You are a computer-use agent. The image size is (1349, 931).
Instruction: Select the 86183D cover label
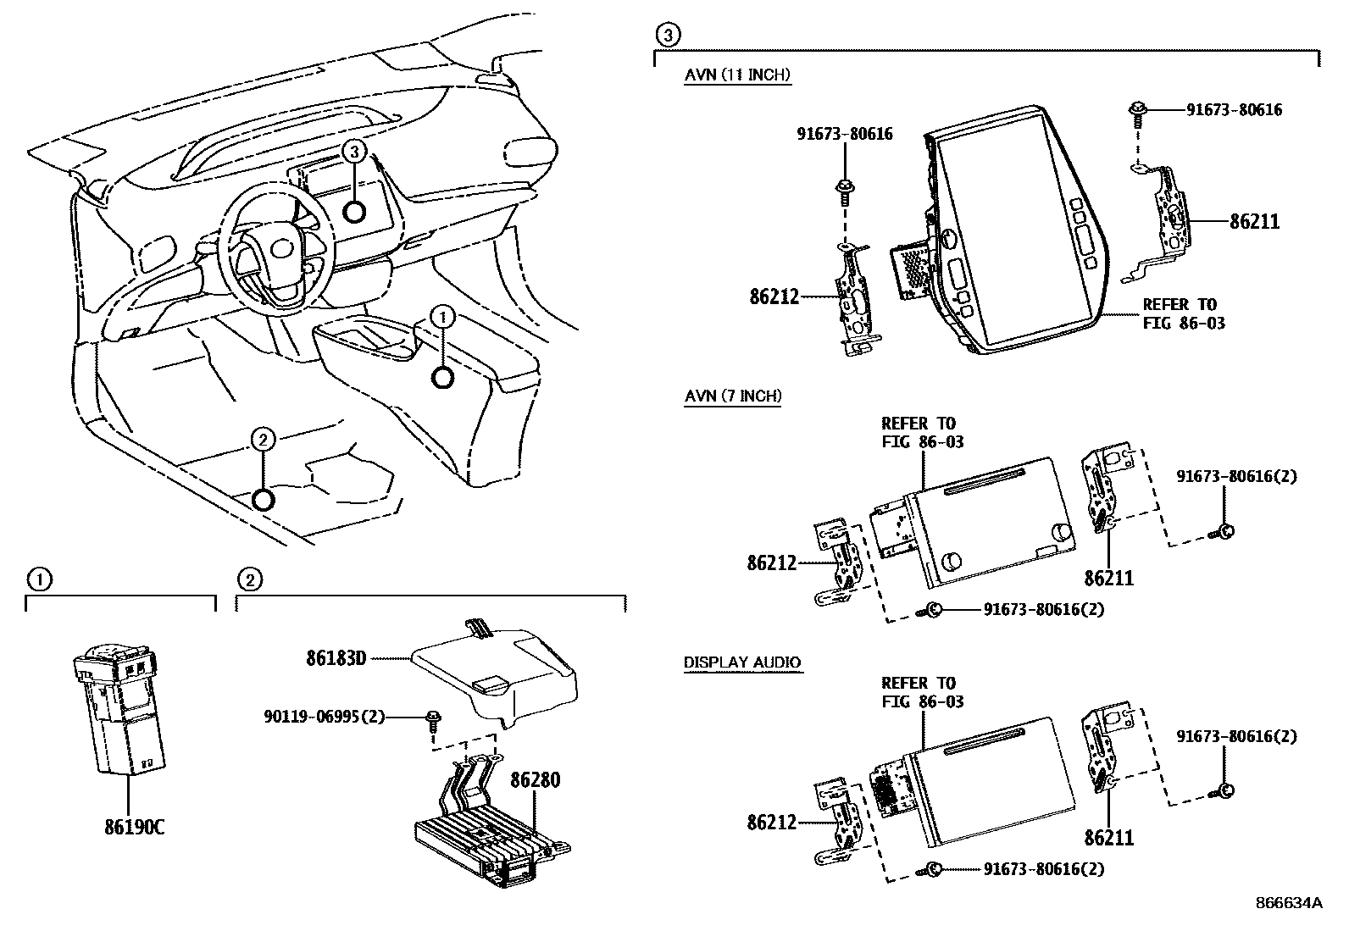[336, 657]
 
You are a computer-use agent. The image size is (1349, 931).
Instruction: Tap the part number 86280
[535, 779]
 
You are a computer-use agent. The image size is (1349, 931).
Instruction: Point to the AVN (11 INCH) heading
[737, 75]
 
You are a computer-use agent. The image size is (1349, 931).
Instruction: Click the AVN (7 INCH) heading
[733, 396]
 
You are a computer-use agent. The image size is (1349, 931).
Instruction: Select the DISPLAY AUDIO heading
[742, 662]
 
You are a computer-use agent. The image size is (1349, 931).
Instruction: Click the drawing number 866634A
[1288, 903]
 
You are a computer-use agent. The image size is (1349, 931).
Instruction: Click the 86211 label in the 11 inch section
[1254, 222]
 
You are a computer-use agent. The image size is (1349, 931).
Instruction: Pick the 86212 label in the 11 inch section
[774, 297]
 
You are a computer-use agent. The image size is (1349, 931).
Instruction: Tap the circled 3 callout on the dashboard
[355, 152]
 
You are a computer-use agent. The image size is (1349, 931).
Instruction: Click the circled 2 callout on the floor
[264, 439]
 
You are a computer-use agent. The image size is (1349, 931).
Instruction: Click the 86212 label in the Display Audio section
[772, 822]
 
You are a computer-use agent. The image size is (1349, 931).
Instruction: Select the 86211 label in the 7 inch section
[1109, 579]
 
